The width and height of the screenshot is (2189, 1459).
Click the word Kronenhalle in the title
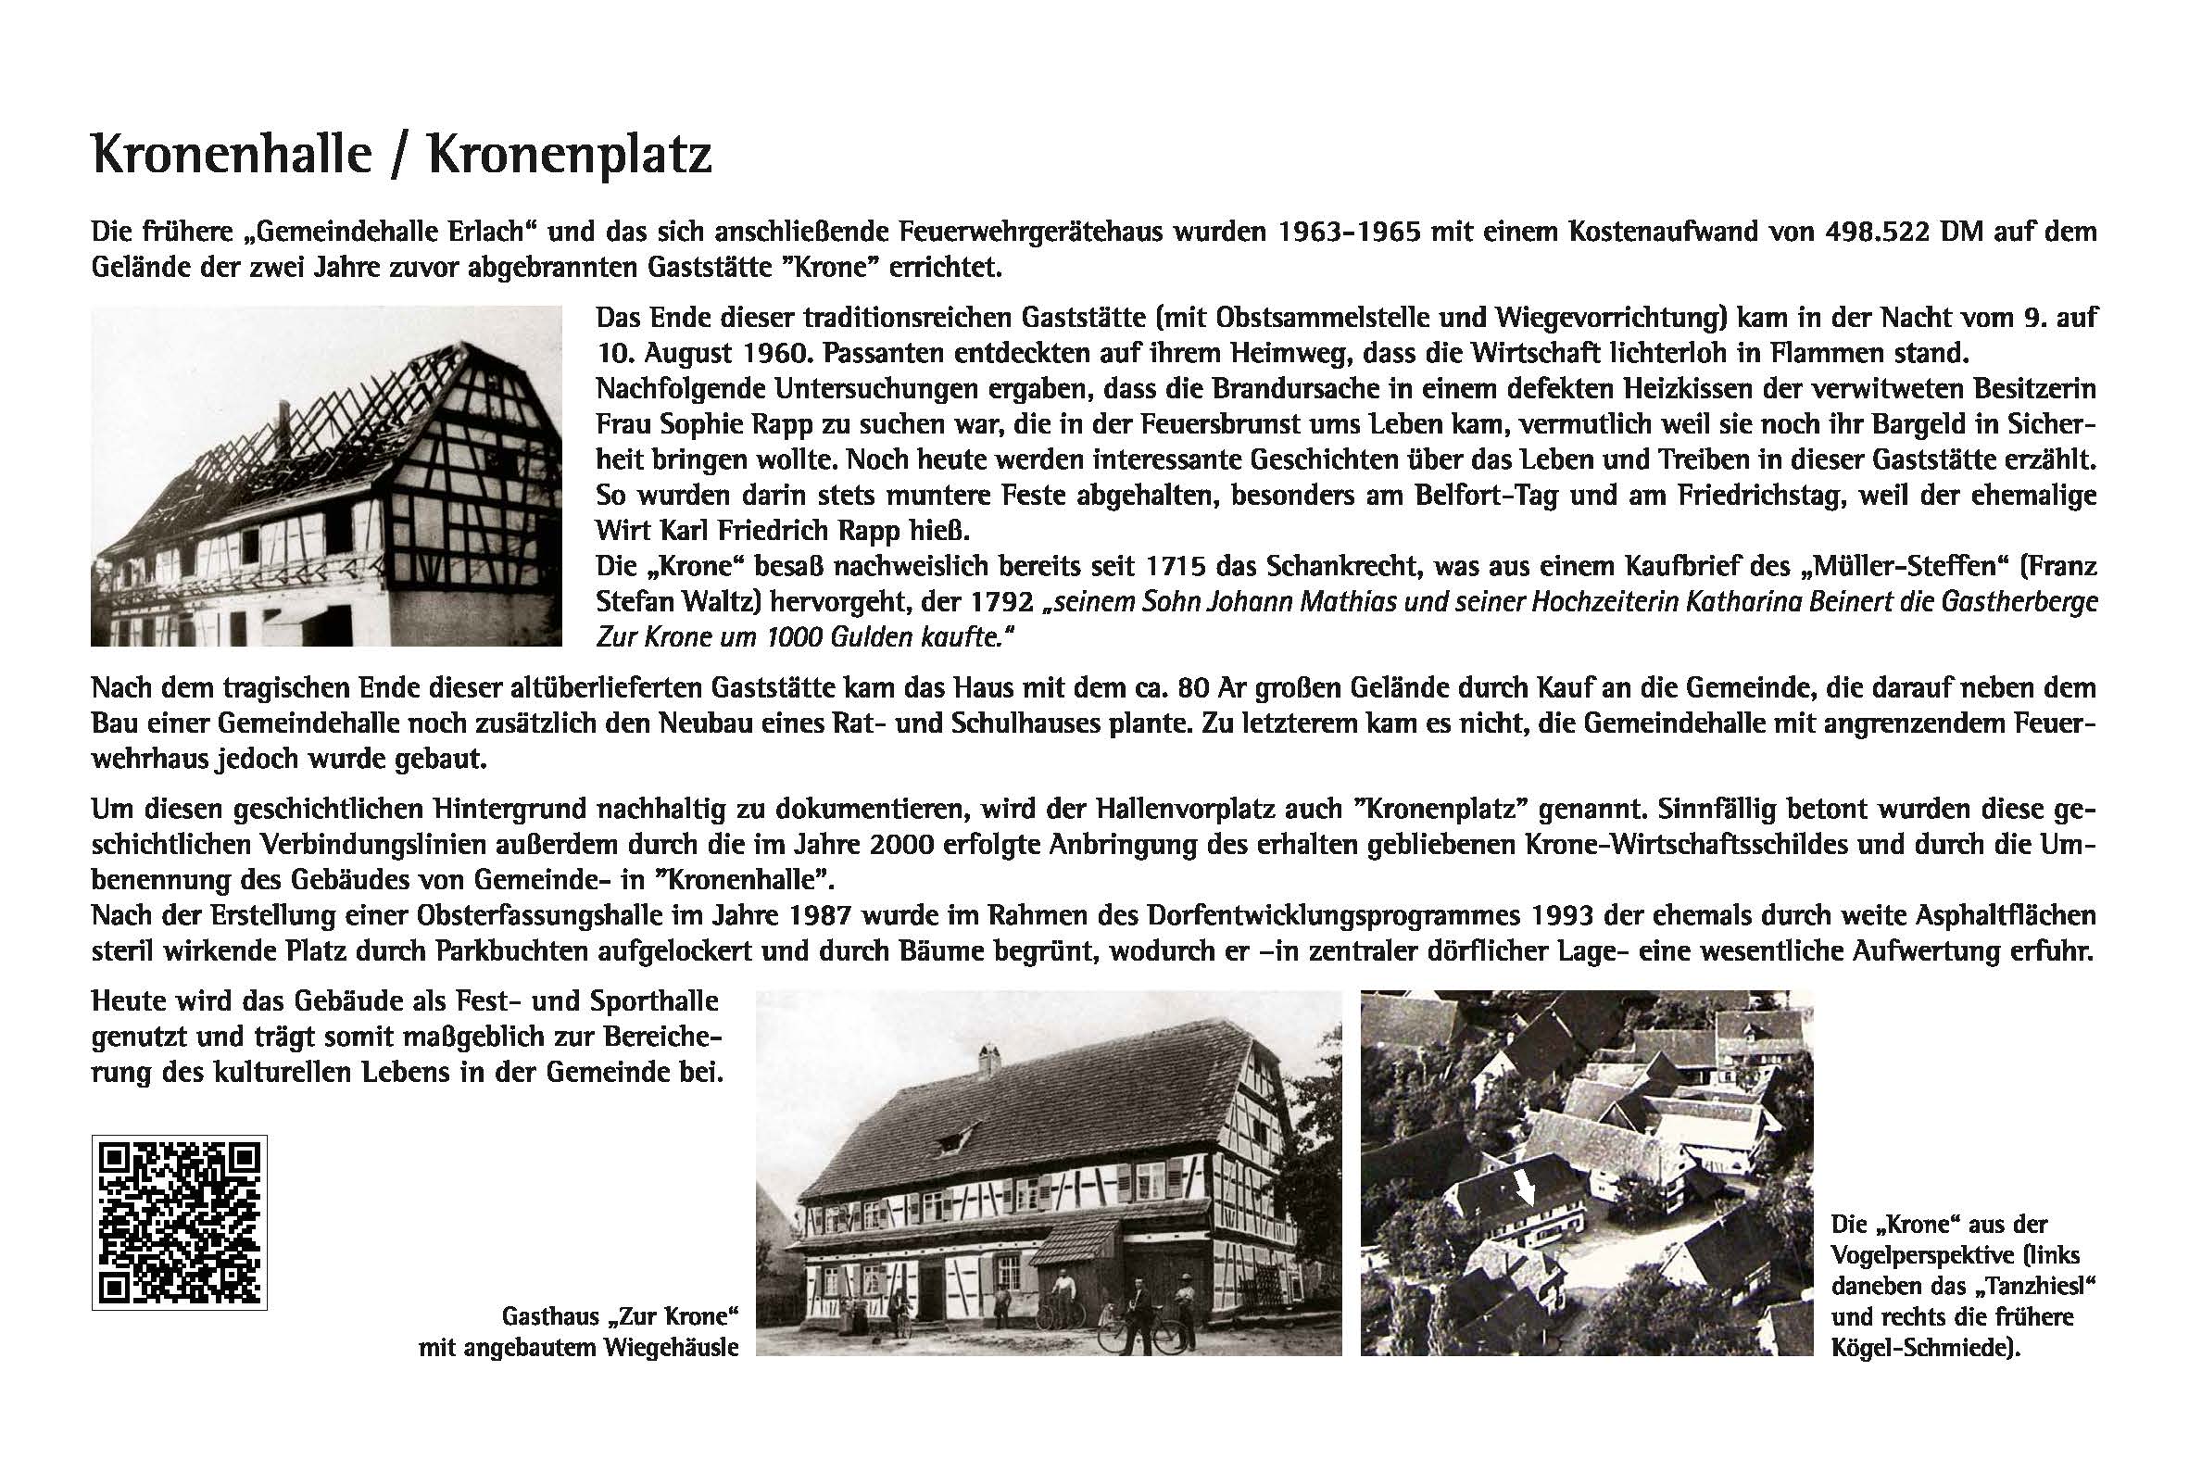[232, 155]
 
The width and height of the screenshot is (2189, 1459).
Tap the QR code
[180, 1222]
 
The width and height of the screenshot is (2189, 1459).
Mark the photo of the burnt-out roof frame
[325, 475]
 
